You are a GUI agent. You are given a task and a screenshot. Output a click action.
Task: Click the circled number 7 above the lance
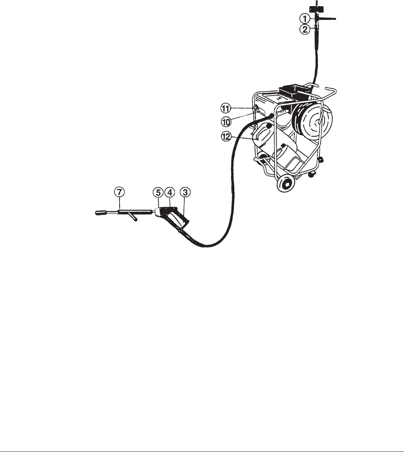click(x=120, y=191)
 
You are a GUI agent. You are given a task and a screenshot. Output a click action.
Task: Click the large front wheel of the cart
click(x=286, y=184)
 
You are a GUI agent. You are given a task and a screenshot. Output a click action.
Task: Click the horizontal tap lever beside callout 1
click(x=330, y=18)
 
